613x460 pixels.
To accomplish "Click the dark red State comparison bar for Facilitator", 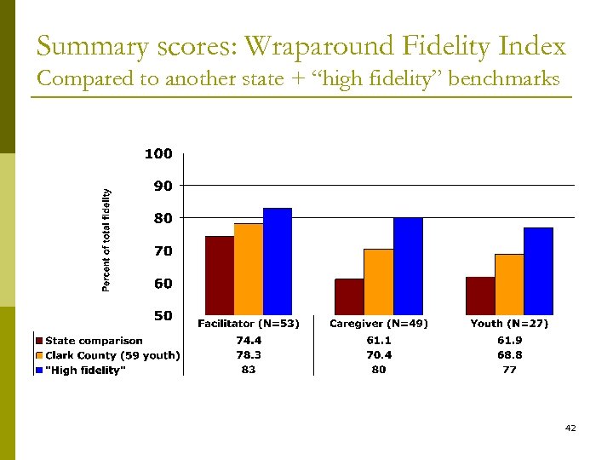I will [220, 275].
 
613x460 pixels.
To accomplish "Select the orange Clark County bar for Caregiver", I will [379, 282].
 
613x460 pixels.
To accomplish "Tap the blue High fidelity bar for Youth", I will [538, 271].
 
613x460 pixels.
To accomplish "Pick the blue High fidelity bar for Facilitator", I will [278, 262].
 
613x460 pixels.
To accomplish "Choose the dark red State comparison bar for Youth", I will [480, 296].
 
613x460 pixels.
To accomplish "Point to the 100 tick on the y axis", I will [158, 154].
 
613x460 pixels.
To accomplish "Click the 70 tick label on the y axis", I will [163, 251].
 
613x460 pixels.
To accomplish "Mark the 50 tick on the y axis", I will [163, 316].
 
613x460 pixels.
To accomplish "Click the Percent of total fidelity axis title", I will [107, 240].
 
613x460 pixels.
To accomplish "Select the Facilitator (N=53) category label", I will [248, 324].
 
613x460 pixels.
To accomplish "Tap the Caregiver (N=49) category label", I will [379, 324].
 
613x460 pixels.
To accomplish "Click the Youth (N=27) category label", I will [509, 324].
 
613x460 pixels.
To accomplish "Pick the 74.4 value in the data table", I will [248, 342].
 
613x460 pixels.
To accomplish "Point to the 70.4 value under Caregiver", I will [379, 355].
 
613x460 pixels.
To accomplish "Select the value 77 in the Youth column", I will [509, 370].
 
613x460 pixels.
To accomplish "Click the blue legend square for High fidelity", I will [39, 370].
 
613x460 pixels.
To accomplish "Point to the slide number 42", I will [570, 428].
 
